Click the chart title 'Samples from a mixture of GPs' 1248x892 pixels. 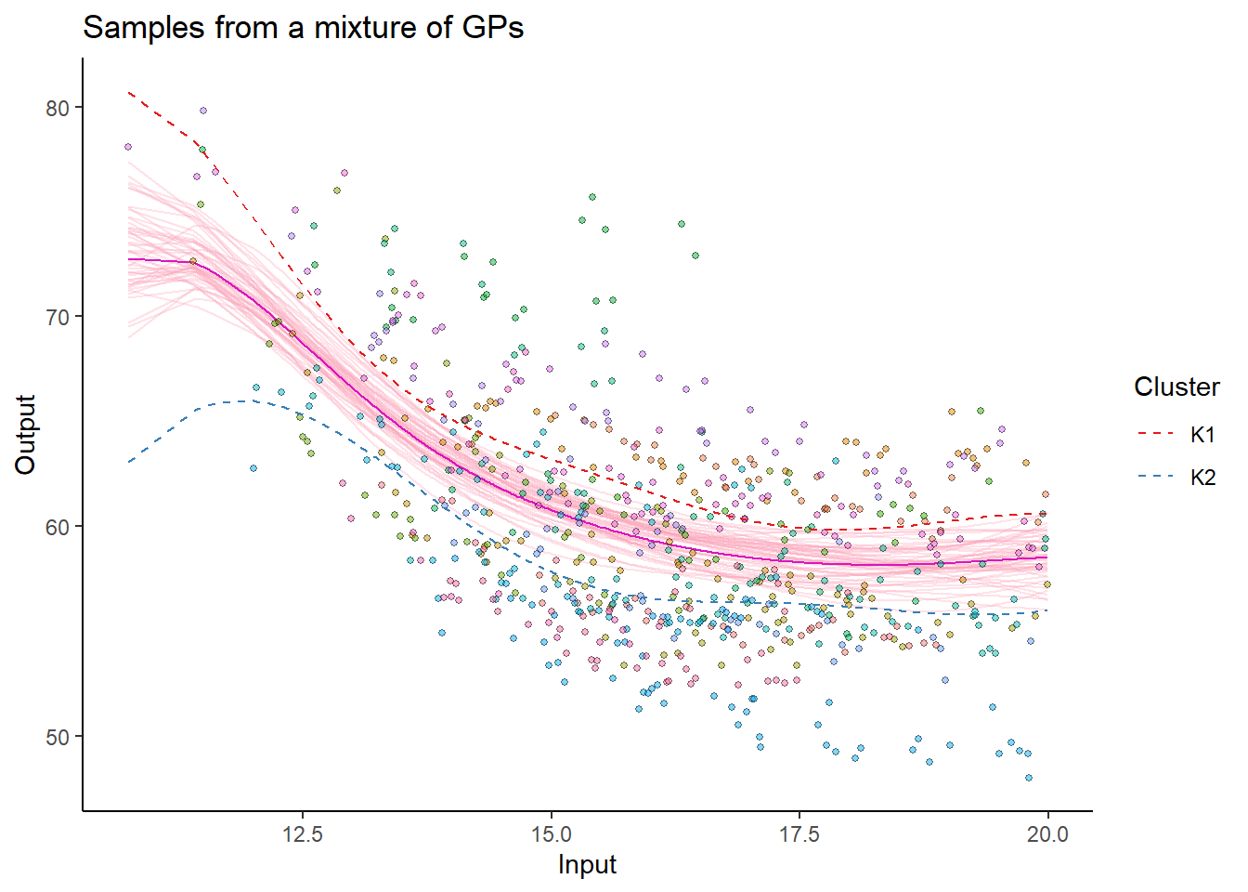click(x=303, y=28)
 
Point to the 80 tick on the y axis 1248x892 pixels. click(x=58, y=108)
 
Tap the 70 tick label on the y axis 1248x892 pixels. click(x=58, y=317)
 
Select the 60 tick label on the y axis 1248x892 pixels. click(x=58, y=527)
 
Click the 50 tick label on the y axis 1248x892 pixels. click(x=58, y=737)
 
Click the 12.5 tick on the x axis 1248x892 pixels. click(x=302, y=834)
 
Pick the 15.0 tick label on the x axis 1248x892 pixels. click(x=551, y=834)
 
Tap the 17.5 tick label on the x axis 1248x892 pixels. click(x=799, y=834)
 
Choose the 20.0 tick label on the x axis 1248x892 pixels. click(x=1047, y=834)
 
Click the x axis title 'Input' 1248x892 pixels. click(x=587, y=865)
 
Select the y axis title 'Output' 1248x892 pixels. click(x=25, y=434)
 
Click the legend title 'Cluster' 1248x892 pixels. click(x=1176, y=387)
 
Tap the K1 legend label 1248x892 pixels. click(x=1202, y=434)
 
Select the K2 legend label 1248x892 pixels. click(x=1202, y=478)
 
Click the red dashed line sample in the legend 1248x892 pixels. click(x=1156, y=434)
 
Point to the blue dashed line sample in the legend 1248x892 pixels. click(x=1156, y=478)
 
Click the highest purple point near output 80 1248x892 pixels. click(x=203, y=111)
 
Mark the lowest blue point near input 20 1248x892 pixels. click(x=1029, y=778)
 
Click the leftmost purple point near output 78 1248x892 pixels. click(x=128, y=147)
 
